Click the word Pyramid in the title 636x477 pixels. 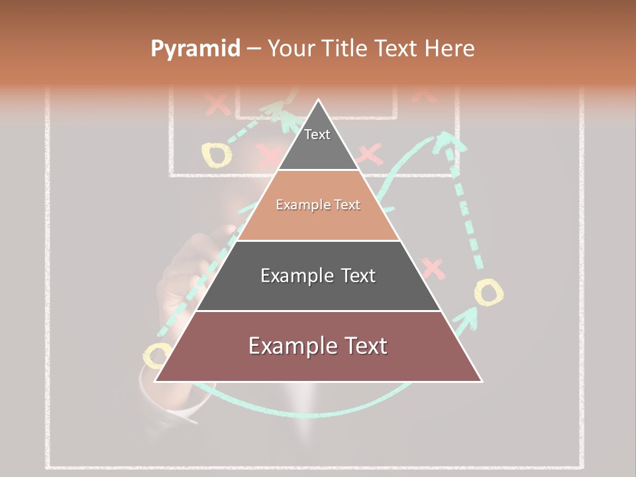195,49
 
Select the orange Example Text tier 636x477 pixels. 318,205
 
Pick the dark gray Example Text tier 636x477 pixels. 318,276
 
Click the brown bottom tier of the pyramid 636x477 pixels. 318,346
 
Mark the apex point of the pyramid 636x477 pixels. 319,101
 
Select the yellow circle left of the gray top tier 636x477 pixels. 217,154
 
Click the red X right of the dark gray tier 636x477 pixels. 433,268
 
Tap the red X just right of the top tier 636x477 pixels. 369,155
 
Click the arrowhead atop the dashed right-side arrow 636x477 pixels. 449,140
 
